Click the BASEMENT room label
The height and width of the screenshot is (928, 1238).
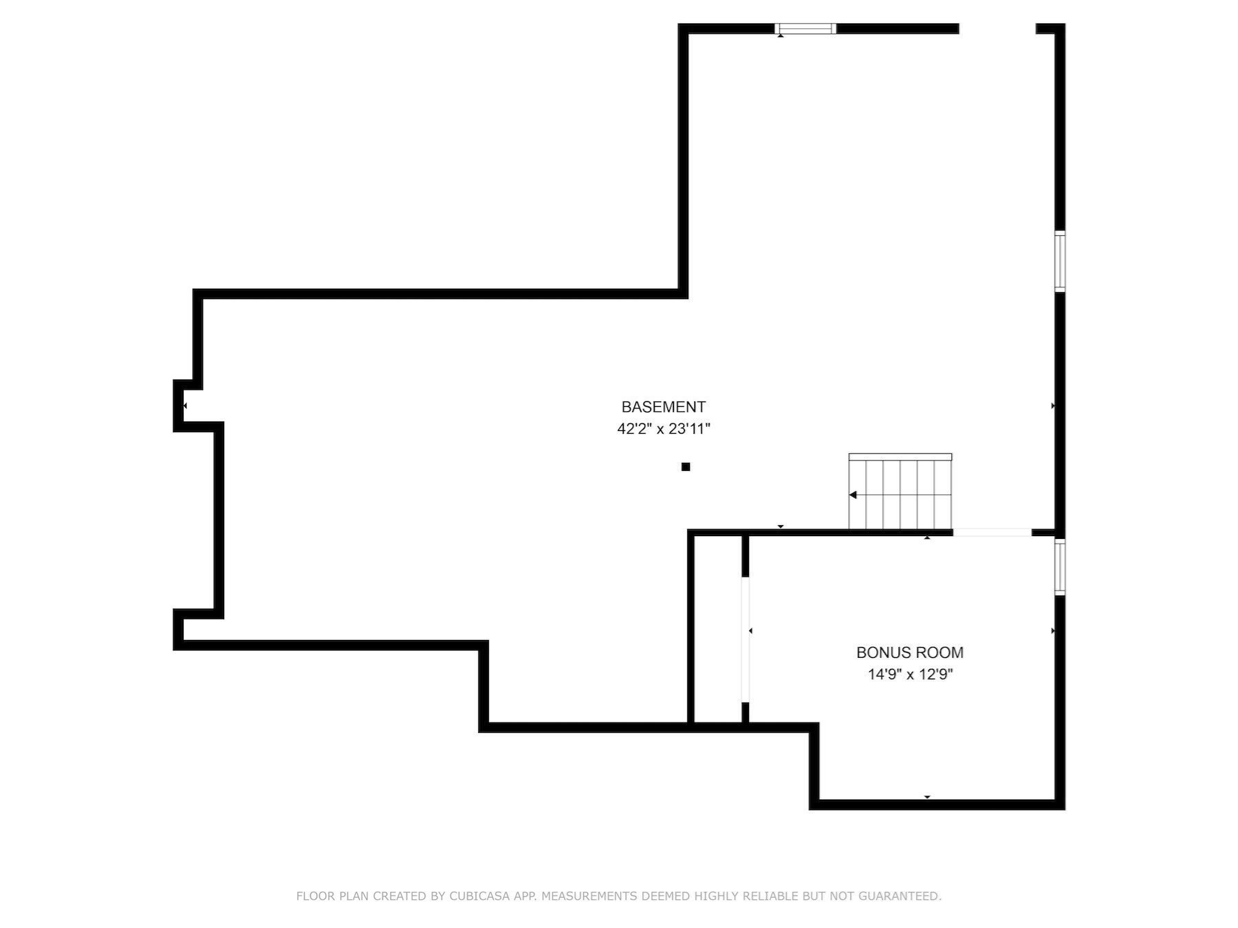coord(663,407)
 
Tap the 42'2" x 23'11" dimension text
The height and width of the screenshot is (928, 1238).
coord(663,429)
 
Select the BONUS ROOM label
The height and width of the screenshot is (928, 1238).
coord(909,652)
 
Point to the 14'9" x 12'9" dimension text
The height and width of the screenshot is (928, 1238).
coord(909,674)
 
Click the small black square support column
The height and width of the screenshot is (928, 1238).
coord(685,467)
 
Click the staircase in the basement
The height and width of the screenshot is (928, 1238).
coord(900,492)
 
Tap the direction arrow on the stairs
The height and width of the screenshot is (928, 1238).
coord(853,495)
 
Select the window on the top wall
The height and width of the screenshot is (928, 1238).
coord(805,29)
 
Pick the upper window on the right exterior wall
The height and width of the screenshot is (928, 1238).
coord(1060,261)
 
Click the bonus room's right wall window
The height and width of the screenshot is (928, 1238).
coord(1060,567)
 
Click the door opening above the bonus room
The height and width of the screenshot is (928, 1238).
coord(992,533)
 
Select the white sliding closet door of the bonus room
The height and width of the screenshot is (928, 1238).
coord(745,639)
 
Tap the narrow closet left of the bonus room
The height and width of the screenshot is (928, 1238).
coord(717,629)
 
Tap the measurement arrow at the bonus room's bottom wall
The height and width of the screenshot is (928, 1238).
coord(927,797)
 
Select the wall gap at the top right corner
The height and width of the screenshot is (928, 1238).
coord(997,29)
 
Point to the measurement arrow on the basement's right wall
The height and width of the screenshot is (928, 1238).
coord(1053,406)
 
